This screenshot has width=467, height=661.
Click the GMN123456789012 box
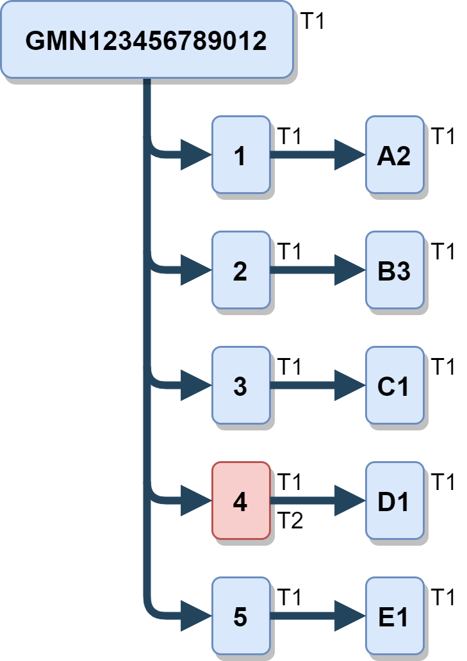click(x=147, y=40)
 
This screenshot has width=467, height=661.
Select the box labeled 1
click(x=240, y=155)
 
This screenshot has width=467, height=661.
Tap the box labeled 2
click(x=240, y=271)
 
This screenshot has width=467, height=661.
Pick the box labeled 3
click(x=240, y=386)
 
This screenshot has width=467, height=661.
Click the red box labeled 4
click(x=240, y=502)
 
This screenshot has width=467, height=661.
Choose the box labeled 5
click(x=240, y=617)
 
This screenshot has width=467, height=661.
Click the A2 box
click(x=394, y=155)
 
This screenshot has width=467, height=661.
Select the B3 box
click(x=394, y=271)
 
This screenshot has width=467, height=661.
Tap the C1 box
click(x=394, y=386)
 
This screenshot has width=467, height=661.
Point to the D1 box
click(x=394, y=502)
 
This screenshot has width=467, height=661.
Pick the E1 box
click(x=394, y=617)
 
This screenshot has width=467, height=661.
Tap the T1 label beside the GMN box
click(x=313, y=21)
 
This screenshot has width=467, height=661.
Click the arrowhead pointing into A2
click(x=349, y=155)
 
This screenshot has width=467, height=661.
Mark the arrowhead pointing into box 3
click(x=195, y=386)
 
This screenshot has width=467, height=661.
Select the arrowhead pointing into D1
click(x=349, y=502)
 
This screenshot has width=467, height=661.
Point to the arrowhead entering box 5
click(x=195, y=617)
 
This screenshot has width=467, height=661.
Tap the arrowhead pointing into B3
click(x=349, y=271)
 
